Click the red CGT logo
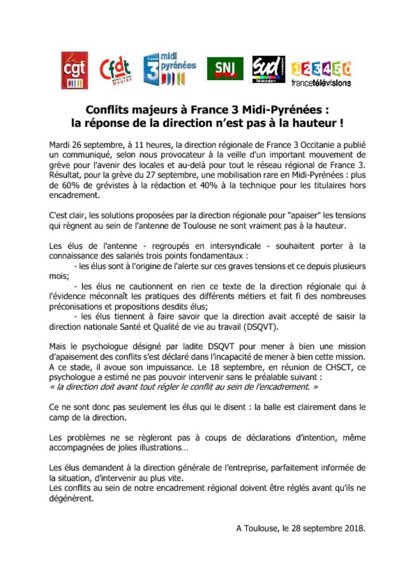pyautogui.click(x=74, y=70)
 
